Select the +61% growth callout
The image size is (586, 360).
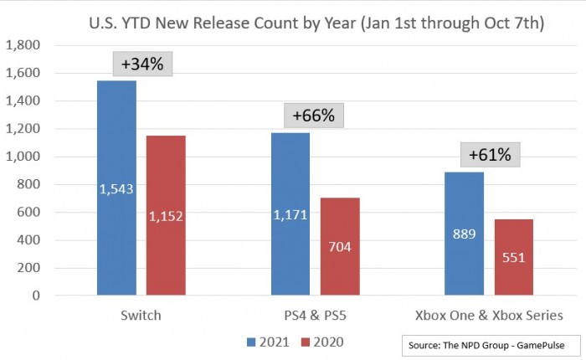[489, 155]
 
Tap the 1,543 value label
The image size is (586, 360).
[116, 190]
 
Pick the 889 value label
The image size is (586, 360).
[464, 234]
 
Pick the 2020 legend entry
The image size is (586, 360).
[323, 342]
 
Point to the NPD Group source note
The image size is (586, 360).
[487, 344]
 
